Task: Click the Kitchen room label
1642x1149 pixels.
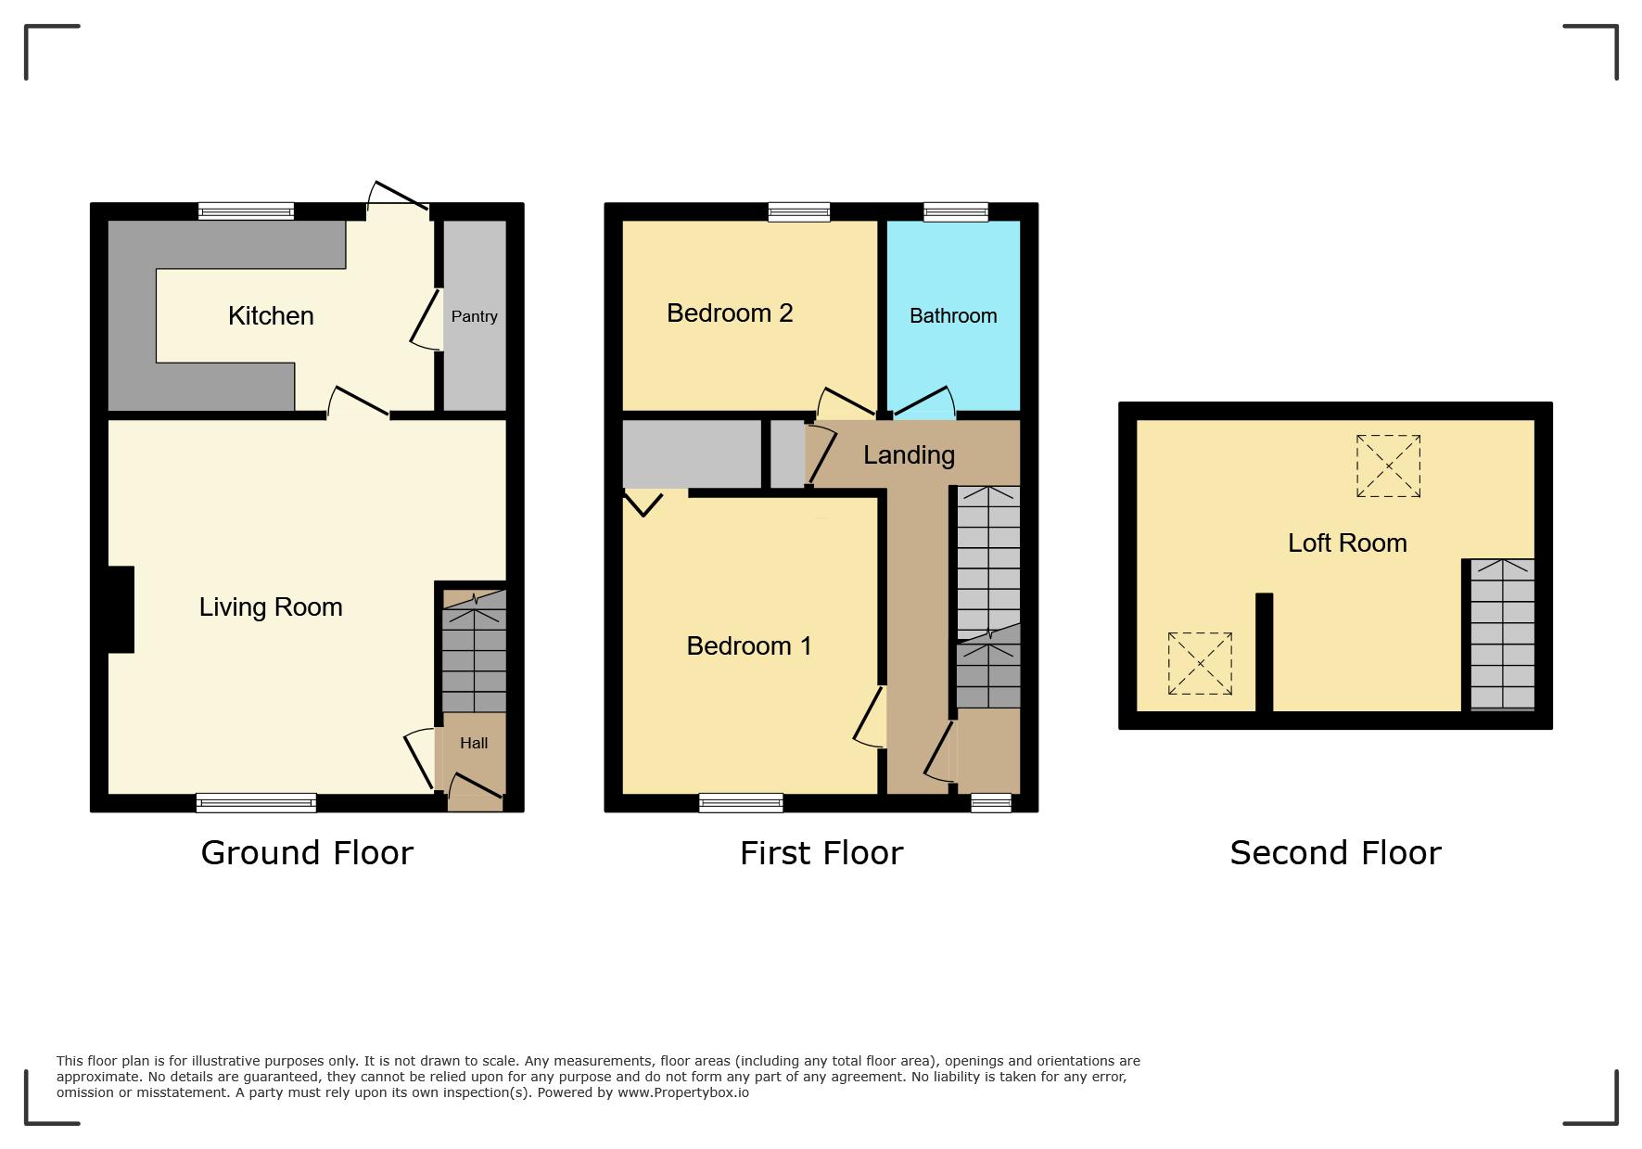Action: point(271,316)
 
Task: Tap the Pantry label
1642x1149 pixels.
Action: point(474,316)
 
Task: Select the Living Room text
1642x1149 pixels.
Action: point(271,607)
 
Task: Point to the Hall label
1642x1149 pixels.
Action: point(474,743)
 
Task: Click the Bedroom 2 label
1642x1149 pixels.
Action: point(730,313)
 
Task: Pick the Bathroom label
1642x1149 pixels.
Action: point(953,316)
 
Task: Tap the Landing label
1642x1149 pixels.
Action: point(909,455)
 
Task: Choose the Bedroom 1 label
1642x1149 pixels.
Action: point(749,645)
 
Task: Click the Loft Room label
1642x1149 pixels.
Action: point(1347,543)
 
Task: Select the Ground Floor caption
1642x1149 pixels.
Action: point(307,852)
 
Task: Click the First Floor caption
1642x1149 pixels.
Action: point(821,852)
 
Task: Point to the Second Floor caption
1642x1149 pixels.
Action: point(1335,852)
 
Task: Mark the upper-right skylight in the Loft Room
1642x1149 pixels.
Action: point(1388,466)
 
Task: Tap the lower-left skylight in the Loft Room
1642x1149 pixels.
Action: point(1200,663)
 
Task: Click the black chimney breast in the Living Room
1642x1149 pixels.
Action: point(121,609)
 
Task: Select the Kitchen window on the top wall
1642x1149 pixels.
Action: point(246,211)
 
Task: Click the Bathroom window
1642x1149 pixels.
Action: point(956,211)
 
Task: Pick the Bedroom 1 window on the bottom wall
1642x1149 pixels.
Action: point(741,803)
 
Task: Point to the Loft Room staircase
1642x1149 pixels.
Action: point(1502,634)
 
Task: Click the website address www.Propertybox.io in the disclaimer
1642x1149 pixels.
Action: point(683,1092)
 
